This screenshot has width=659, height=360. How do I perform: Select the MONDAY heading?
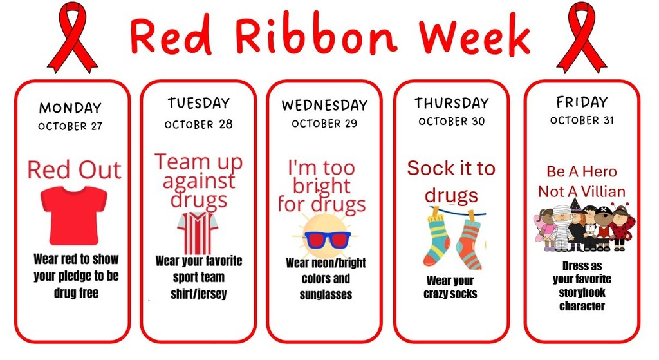coord(70,108)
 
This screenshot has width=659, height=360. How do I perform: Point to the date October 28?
coord(198,124)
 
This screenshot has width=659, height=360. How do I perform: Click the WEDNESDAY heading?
coord(324,105)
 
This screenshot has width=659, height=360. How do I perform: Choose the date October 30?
coord(450,121)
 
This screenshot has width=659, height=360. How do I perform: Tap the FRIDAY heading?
coord(582,102)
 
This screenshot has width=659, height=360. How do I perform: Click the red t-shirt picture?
coord(73,214)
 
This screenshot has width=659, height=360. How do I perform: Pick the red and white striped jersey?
coord(198,233)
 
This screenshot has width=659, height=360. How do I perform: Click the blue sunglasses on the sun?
coord(326,240)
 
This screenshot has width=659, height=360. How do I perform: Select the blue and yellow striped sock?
coord(437,240)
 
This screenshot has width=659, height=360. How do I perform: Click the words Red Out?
coord(73,170)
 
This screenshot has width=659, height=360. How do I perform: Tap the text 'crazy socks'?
coord(450,294)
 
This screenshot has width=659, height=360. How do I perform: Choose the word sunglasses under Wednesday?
coord(326,295)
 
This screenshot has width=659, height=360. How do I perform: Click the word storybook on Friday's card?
coord(582,293)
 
